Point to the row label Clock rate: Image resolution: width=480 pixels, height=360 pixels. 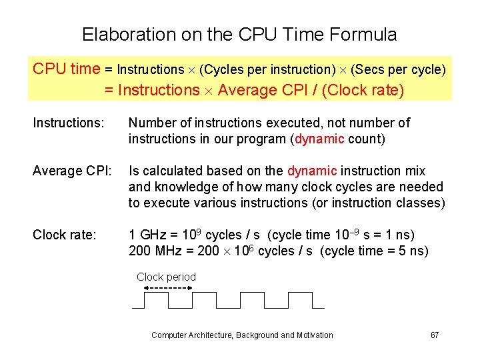click(x=65, y=235)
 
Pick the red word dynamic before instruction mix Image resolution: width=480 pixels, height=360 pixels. click(x=312, y=171)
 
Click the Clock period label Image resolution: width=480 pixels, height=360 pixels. click(x=166, y=277)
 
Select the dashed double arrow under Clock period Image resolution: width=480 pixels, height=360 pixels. click(x=167, y=288)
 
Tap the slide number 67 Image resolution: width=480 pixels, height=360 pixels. click(x=435, y=335)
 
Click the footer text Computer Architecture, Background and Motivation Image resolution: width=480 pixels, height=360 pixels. click(x=242, y=335)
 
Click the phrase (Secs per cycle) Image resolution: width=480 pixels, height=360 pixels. click(x=398, y=69)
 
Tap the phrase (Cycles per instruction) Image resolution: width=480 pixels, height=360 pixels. click(x=267, y=69)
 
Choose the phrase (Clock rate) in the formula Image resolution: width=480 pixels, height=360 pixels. click(x=363, y=90)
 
